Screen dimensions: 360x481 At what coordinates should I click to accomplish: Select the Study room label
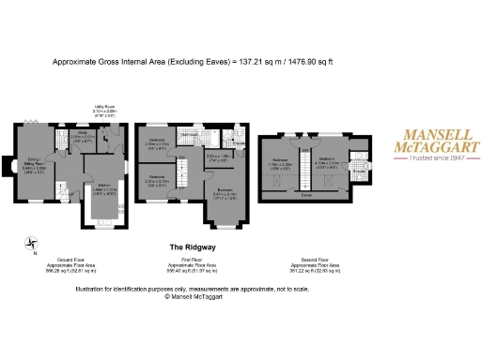coord(82,136)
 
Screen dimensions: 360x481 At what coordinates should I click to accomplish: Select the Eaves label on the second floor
coord(306,196)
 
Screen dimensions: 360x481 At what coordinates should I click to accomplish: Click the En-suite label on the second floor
coord(358,172)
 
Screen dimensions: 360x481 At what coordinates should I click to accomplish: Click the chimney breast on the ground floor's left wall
coord(11,162)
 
